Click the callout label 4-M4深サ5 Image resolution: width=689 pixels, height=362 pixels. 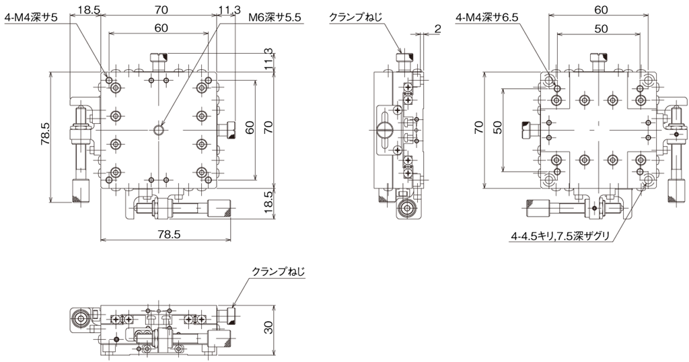click(x=31, y=18)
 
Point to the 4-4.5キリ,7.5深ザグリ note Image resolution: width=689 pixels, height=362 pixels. click(x=560, y=237)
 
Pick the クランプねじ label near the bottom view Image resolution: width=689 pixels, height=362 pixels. click(x=278, y=271)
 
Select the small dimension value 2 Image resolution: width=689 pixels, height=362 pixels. click(x=437, y=29)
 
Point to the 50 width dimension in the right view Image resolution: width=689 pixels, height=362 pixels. click(x=601, y=28)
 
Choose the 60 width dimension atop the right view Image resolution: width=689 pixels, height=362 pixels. click(x=601, y=9)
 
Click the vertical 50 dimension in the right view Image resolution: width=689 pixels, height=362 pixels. click(x=497, y=128)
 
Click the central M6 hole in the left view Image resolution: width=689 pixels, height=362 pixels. click(x=158, y=130)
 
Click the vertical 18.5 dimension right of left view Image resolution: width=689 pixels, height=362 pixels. click(x=268, y=202)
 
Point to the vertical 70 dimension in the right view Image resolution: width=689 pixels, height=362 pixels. click(x=478, y=128)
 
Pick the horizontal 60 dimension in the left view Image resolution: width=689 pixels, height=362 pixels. click(x=161, y=28)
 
